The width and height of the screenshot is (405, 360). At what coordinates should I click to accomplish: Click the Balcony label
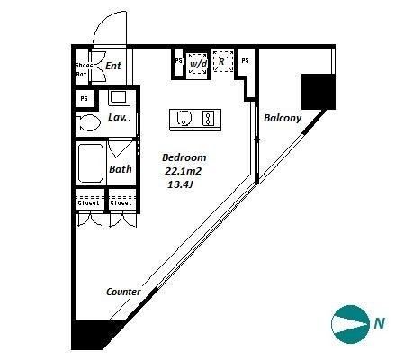pos(283,118)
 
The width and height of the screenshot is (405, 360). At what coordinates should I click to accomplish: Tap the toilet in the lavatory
pos(87,122)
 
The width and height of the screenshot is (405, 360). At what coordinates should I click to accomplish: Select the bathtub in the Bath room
pos(91,163)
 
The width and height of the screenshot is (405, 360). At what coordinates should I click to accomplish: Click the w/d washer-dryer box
pos(198,64)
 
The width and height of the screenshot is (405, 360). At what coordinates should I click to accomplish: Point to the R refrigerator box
pos(223,61)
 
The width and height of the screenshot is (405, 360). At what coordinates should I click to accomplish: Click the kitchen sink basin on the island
pos(184,118)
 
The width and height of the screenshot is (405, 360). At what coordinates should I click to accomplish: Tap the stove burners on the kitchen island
pos(209,118)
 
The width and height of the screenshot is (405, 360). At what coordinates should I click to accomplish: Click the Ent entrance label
pos(113,66)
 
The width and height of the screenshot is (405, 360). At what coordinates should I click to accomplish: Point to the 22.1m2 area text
pos(183,171)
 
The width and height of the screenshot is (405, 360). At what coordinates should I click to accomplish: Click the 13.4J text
pos(180,184)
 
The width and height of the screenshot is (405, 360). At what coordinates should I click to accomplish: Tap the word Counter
pos(123,292)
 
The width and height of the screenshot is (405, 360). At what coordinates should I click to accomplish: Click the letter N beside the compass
pos(380,323)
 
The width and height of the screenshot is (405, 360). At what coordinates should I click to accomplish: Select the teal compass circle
pos(350,324)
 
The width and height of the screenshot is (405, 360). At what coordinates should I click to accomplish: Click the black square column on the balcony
pos(319,92)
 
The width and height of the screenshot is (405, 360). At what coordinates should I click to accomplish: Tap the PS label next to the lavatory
pos(85,98)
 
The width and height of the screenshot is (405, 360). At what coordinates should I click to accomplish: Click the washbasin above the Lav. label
pos(118,97)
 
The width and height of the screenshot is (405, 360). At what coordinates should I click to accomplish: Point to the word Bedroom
pos(184,157)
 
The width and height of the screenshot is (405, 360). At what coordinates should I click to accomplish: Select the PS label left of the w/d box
pos(179,61)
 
